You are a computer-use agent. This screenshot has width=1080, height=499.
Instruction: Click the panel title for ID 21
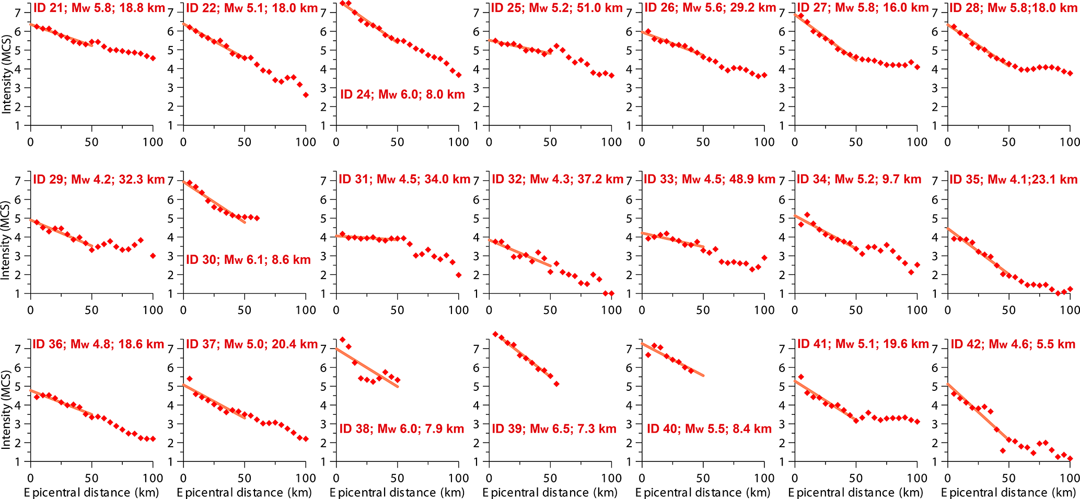(x=99, y=8)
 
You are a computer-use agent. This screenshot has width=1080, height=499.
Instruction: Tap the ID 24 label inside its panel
(x=402, y=95)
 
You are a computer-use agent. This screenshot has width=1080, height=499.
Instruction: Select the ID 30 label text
(x=248, y=260)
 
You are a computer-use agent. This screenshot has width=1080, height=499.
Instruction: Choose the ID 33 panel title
(x=709, y=179)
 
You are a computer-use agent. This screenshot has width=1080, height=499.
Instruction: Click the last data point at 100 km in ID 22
(x=306, y=95)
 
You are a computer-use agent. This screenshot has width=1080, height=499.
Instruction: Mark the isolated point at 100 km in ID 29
(x=153, y=256)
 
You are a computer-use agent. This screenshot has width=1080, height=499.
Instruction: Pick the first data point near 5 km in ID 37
(x=189, y=378)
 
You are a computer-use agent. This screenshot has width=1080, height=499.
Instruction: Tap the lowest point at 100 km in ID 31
(x=459, y=275)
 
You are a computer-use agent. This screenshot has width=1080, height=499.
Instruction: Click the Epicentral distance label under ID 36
(x=91, y=492)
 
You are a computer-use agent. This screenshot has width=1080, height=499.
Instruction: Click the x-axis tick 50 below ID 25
(x=550, y=142)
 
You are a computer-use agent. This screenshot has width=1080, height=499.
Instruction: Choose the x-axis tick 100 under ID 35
(x=1070, y=310)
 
